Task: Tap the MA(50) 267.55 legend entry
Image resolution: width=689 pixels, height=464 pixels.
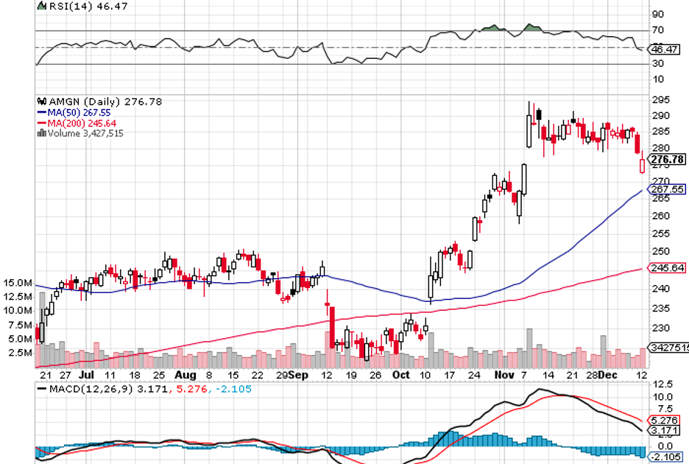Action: [76, 113]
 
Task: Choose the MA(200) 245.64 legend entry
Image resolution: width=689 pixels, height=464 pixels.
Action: [78, 123]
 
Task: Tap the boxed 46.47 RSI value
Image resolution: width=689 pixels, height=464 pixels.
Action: [665, 49]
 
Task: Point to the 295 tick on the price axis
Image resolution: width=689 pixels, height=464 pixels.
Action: [660, 100]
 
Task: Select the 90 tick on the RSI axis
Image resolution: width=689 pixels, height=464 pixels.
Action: [657, 14]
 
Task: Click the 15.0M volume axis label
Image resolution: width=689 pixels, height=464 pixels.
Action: [17, 283]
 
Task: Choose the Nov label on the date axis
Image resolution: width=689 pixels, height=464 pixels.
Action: [504, 374]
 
